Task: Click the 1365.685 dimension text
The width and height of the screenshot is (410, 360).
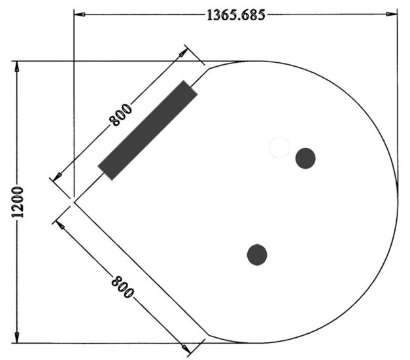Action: [x=235, y=14]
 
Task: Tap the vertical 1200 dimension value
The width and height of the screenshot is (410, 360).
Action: [x=18, y=202]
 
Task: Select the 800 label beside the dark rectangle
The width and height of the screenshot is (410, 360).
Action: [x=120, y=115]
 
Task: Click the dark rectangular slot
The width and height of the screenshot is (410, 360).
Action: [x=148, y=130]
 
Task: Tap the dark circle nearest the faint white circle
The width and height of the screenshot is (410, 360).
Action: [x=305, y=158]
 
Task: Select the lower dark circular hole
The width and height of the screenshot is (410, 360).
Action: [x=257, y=255]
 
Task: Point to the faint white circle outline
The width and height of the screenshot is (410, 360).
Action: [x=279, y=147]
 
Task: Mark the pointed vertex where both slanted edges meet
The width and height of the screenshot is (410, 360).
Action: [x=74, y=202]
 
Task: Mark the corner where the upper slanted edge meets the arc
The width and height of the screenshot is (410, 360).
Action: [x=206, y=65]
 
